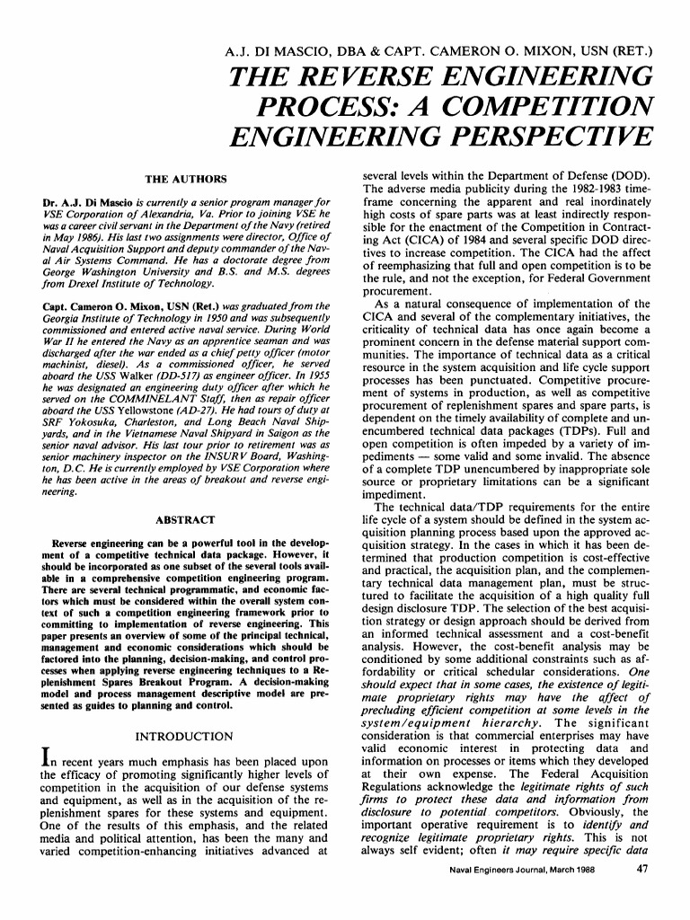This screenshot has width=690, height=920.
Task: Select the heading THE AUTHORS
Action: pos(187,179)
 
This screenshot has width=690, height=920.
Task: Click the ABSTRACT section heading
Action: pos(185,520)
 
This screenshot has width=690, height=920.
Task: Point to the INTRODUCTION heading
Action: pos(184,737)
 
